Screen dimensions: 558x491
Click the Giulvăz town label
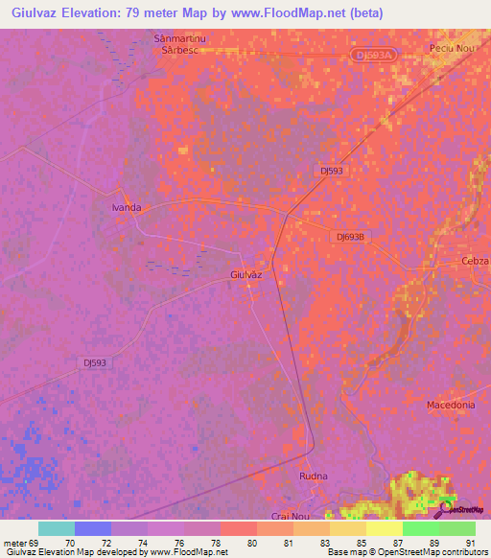click(x=246, y=274)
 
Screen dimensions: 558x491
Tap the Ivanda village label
click(x=127, y=207)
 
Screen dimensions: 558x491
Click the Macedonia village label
click(x=451, y=406)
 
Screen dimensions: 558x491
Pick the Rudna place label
click(x=314, y=477)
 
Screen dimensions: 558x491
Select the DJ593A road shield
click(x=373, y=56)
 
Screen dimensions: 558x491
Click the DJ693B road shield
click(x=352, y=236)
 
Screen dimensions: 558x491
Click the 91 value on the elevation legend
click(x=469, y=542)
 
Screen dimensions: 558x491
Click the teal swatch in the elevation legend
click(x=57, y=528)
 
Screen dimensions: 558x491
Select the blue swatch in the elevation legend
click(x=93, y=528)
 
